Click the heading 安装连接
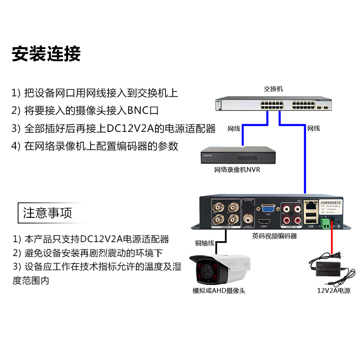tap(46, 54)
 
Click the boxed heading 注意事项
tap(48, 212)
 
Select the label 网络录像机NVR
tap(237, 170)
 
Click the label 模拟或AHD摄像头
tap(219, 291)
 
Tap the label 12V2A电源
tap(333, 291)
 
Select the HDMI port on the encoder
tap(264, 221)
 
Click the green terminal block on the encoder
tap(324, 221)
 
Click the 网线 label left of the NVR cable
tap(234, 129)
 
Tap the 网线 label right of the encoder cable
tap(313, 129)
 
